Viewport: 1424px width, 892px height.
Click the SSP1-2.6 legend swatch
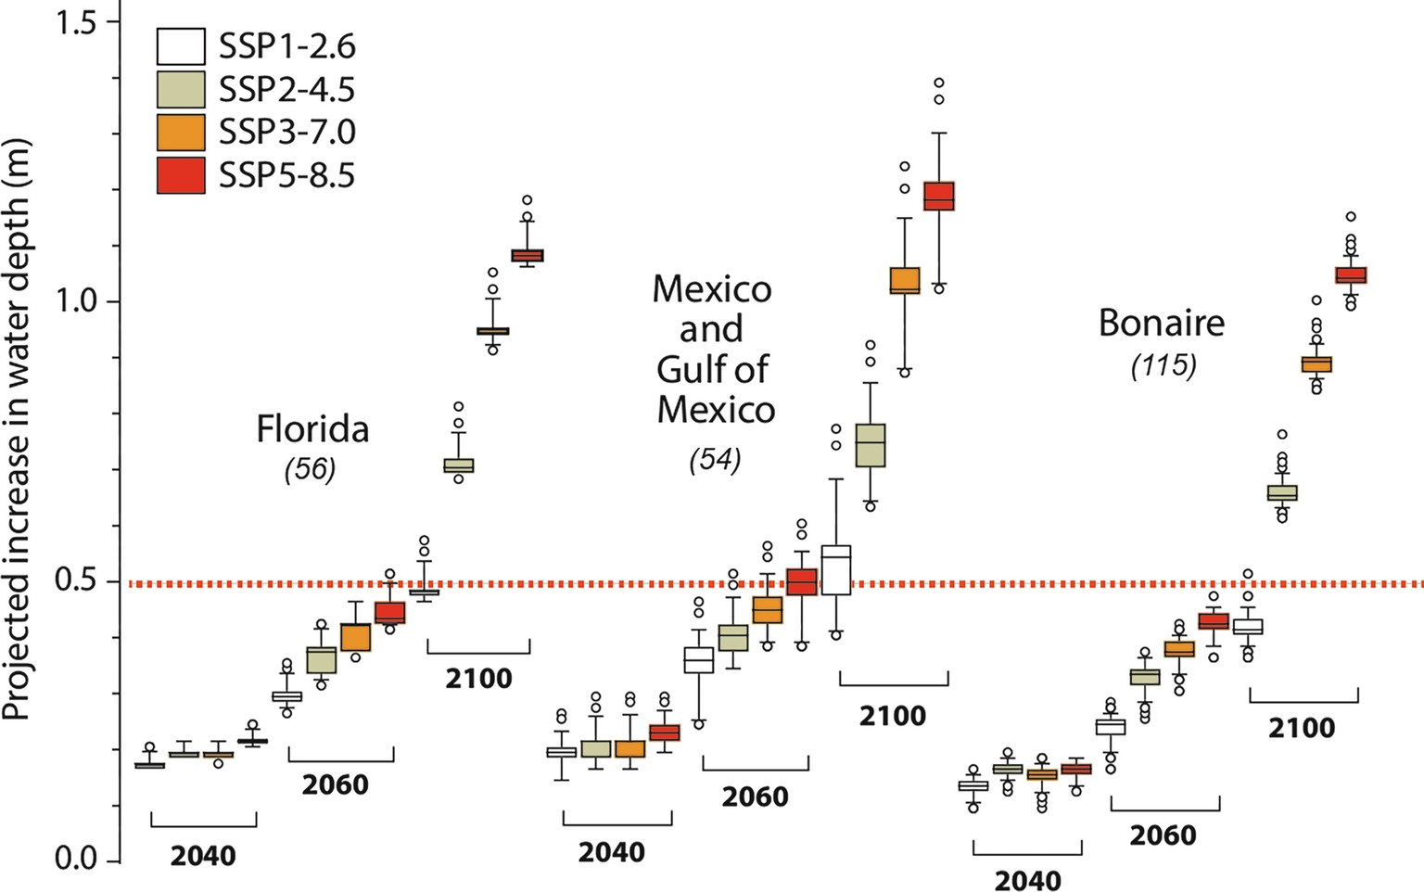181,46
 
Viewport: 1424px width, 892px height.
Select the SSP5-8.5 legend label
286,175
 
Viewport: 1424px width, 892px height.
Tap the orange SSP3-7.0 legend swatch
181,133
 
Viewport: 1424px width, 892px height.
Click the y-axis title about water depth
18,428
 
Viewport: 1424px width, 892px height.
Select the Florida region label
312,428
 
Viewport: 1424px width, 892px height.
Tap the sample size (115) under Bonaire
1163,365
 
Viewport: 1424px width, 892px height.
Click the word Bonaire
1161,323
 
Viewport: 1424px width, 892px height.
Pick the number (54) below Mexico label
715,459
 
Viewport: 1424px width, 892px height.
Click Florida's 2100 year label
478,678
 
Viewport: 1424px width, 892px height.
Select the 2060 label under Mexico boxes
755,796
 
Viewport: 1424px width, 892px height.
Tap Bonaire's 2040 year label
1027,880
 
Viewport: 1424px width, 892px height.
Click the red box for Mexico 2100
939,196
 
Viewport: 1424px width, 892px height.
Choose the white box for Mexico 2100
836,569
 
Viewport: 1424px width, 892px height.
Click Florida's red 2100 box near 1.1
528,255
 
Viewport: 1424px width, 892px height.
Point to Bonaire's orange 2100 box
1316,363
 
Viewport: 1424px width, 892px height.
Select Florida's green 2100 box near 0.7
458,465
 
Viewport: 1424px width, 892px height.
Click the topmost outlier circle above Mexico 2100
939,83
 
